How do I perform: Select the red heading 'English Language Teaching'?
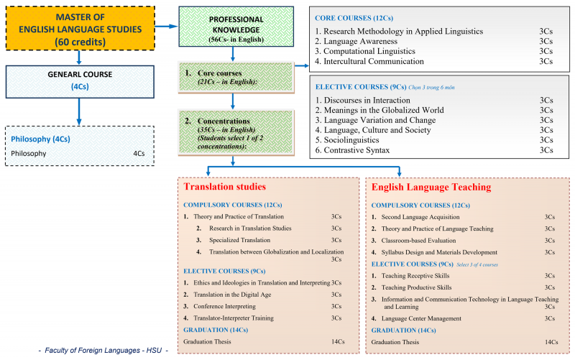[431, 187]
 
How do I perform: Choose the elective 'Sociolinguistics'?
[356, 140]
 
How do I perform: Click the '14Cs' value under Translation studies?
[336, 342]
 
